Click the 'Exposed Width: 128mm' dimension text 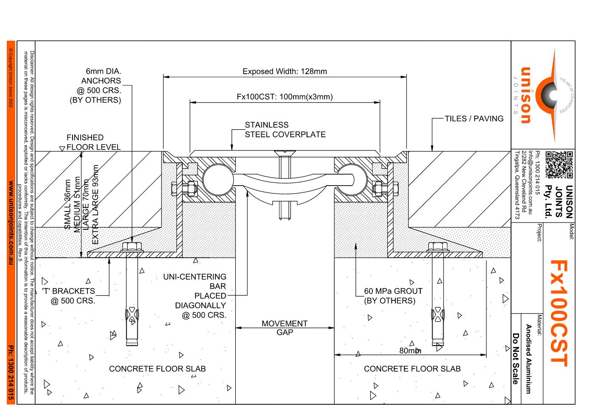(x=285, y=72)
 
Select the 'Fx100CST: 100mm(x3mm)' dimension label (x=285, y=97)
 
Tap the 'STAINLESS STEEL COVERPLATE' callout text (x=285, y=130)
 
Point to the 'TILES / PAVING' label (x=474, y=119)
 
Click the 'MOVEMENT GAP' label (x=285, y=328)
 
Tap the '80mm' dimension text (x=410, y=351)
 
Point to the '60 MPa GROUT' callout (x=393, y=296)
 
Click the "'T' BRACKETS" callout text (x=69, y=296)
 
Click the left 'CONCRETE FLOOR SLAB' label (x=157, y=369)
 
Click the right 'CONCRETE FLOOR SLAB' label (x=412, y=369)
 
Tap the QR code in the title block (x=559, y=164)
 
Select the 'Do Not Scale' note (x=516, y=359)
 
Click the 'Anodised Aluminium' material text (x=528, y=359)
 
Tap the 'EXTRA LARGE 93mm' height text (x=95, y=205)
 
